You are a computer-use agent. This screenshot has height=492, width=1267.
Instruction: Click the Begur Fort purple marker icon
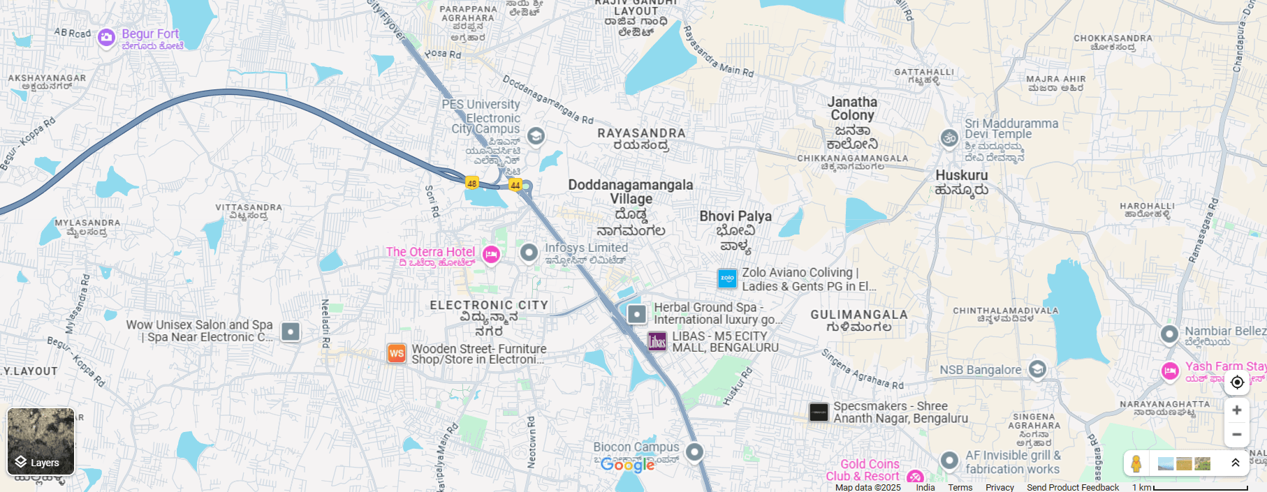pos(106,37)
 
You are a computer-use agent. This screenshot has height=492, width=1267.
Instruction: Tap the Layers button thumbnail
pos(41,441)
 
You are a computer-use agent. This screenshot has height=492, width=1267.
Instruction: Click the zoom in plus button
pos(1236,410)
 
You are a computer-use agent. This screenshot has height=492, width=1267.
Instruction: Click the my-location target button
pos(1236,382)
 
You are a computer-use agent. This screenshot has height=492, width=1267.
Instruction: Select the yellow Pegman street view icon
pos(1136,463)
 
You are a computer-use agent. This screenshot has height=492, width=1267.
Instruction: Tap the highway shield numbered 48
pos(472,184)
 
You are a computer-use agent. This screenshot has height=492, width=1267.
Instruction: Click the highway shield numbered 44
pos(515,185)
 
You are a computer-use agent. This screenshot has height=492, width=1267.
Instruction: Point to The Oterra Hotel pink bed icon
pos(491,254)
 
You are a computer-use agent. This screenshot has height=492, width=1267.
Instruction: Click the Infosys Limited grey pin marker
pos(529,252)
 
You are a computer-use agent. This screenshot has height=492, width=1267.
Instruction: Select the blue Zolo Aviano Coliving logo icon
pos(727,278)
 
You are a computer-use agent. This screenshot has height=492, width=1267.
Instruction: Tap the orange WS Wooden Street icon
pos(397,353)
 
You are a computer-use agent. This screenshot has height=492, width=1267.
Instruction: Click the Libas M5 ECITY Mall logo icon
pos(657,341)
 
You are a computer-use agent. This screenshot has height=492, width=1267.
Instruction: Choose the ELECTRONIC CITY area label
pos(489,305)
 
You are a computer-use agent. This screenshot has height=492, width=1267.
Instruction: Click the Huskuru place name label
pos(962,176)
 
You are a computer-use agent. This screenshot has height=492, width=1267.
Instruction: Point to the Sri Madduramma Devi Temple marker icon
pos(949,138)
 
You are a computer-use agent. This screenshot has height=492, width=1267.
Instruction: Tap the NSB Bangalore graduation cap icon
pos(1037,369)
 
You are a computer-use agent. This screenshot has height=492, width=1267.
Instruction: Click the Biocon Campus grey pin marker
pos(694,452)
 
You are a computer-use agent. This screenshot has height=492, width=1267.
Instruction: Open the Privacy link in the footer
pos(999,487)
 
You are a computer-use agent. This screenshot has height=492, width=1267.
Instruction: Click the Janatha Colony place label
pos(852,109)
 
